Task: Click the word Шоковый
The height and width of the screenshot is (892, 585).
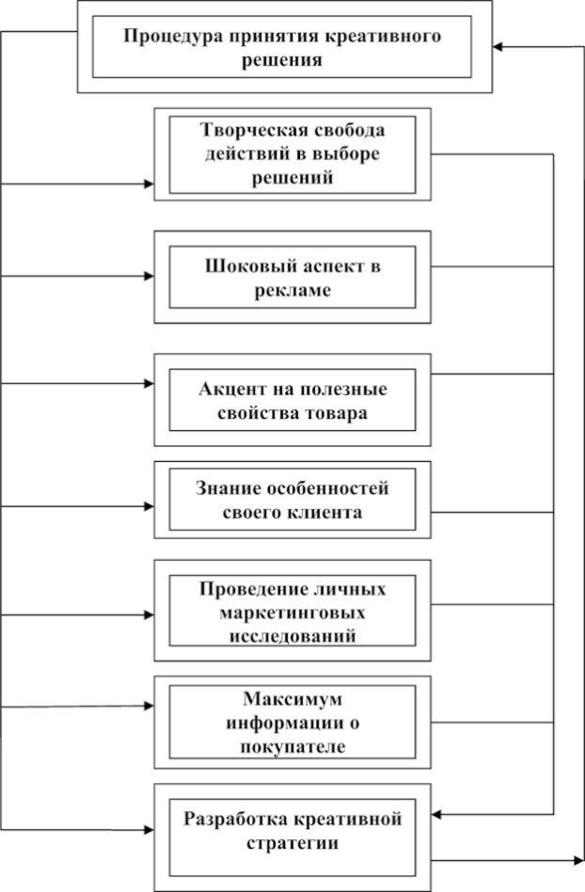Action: [243, 266]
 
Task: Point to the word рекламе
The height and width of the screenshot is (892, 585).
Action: [292, 291]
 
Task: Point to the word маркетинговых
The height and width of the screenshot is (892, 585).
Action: [292, 613]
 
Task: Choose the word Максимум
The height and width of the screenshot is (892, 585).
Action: [292, 698]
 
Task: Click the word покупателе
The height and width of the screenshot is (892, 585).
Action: [292, 746]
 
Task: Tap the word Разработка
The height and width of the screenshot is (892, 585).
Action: [236, 820]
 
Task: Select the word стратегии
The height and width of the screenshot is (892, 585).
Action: [292, 843]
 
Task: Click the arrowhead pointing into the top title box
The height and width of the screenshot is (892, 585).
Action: [498, 47]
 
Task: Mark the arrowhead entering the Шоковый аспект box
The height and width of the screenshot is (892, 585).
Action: [149, 277]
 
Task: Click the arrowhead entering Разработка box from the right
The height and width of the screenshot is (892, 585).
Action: [436, 815]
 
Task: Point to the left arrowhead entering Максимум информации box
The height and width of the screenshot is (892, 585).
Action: [149, 706]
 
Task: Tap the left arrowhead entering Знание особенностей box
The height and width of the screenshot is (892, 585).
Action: [149, 506]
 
